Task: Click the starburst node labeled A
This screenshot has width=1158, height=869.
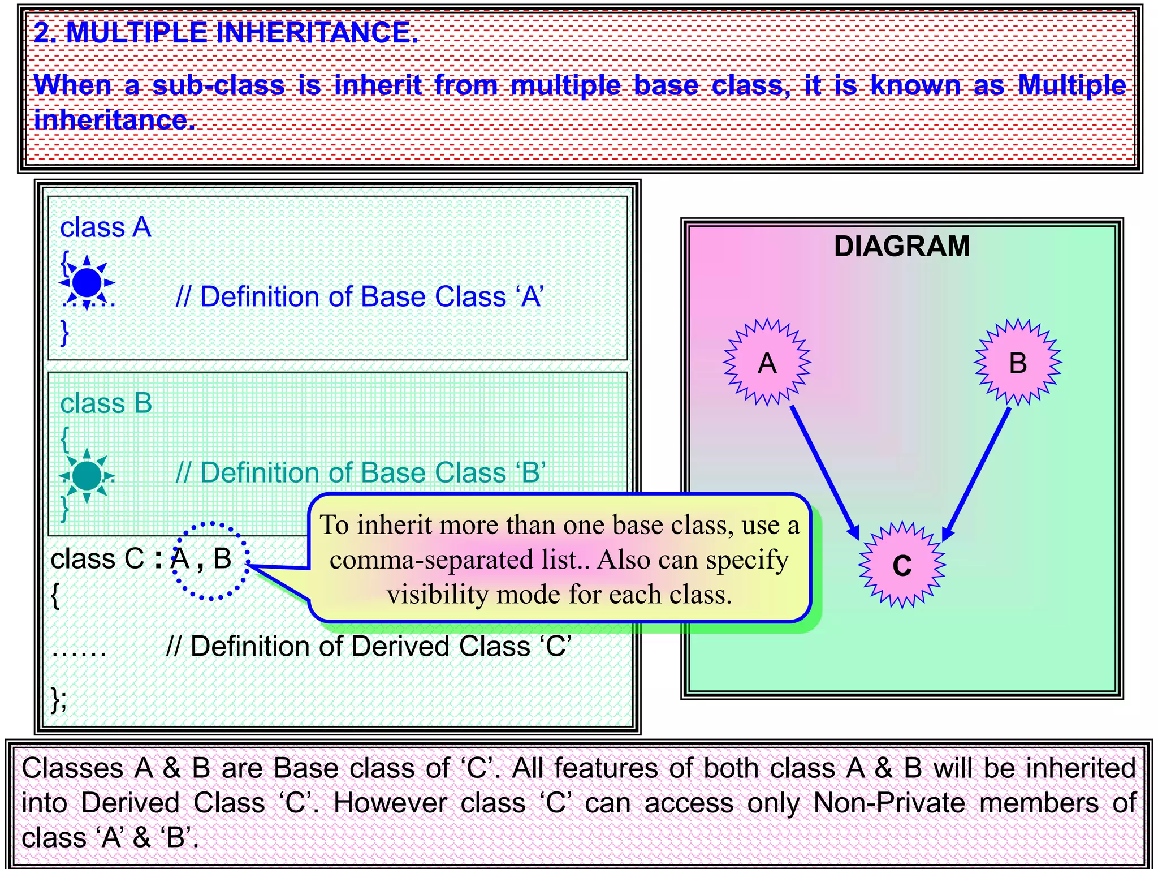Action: coord(767,362)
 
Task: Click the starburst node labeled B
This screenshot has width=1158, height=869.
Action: coord(1018,362)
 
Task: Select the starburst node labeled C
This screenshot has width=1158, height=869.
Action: coord(902,565)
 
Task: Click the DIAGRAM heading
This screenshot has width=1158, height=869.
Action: coord(901,246)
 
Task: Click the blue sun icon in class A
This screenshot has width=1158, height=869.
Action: coord(87,282)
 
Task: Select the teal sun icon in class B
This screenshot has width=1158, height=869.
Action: coord(87,475)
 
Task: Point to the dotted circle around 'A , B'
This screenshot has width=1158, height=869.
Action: coord(210,560)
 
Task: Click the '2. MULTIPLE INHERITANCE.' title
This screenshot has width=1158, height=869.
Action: coord(226,32)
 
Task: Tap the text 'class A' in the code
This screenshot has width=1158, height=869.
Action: coord(105,227)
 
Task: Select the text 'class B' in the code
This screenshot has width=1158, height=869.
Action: coord(106,404)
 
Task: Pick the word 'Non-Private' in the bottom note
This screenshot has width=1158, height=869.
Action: coord(889,803)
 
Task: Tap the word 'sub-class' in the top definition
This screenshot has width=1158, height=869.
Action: coord(218,85)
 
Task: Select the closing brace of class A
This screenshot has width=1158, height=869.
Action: coord(64,332)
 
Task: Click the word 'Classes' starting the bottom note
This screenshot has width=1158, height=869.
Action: coord(72,768)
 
